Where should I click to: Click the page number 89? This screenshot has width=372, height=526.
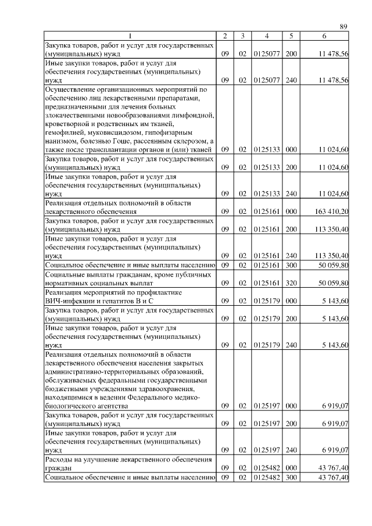(x=344, y=27)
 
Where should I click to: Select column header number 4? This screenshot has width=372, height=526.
(x=266, y=37)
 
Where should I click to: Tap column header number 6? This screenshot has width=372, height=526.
(x=324, y=37)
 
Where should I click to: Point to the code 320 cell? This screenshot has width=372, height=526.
(x=292, y=282)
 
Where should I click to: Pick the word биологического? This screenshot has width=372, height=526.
(x=71, y=406)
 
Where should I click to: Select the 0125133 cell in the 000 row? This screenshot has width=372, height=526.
(x=266, y=149)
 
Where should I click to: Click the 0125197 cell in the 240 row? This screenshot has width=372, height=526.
(x=266, y=449)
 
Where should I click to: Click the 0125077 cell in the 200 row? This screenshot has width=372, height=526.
(x=266, y=53)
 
